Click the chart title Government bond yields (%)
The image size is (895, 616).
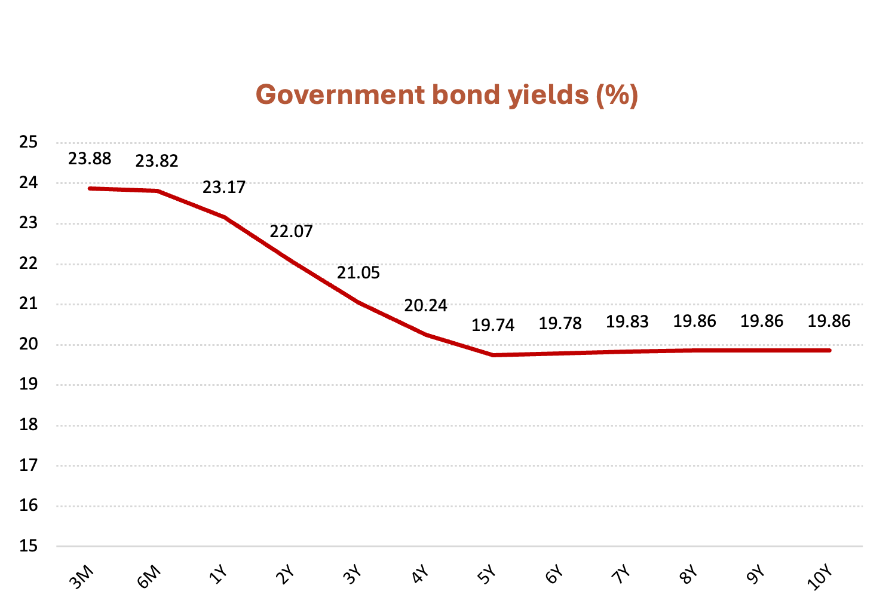click(x=447, y=95)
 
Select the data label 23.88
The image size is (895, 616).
click(x=90, y=159)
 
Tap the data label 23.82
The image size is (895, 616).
click(x=157, y=161)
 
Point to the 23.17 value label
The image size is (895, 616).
click(x=224, y=188)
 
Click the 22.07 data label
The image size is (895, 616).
click(x=291, y=231)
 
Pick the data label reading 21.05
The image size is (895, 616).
click(x=358, y=273)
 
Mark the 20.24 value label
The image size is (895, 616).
click(x=425, y=306)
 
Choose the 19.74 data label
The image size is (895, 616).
click(x=493, y=326)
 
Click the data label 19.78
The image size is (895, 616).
click(x=560, y=324)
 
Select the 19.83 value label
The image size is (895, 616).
click(x=627, y=322)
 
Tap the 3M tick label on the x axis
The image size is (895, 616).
click(x=82, y=577)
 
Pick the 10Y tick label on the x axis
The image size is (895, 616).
click(x=820, y=578)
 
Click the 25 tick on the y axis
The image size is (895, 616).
click(x=28, y=142)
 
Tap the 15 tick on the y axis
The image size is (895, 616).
click(x=28, y=546)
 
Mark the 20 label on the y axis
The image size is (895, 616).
click(x=28, y=344)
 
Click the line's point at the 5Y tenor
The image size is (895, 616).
click(x=493, y=355)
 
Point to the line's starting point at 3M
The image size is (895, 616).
click(x=90, y=188)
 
